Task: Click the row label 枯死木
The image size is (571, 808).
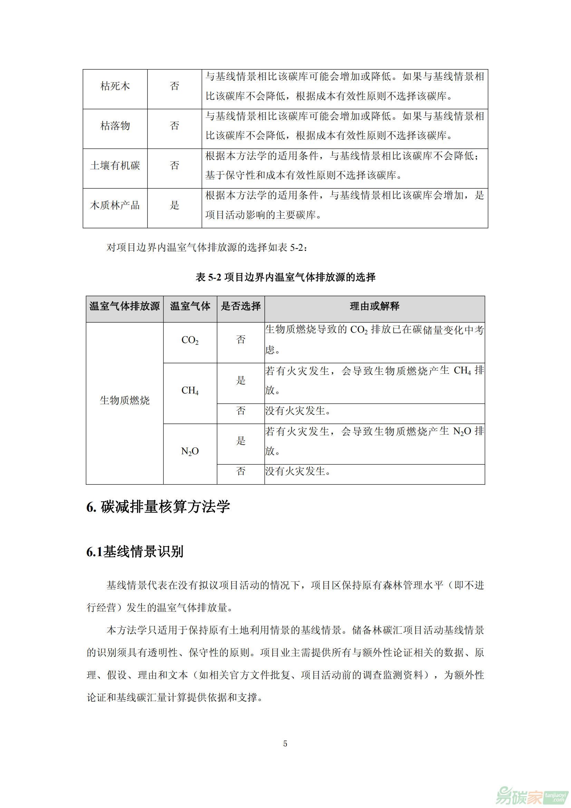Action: pyautogui.click(x=115, y=86)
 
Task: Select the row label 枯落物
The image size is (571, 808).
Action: pyautogui.click(x=115, y=126)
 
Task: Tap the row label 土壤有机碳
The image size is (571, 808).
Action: pyautogui.click(x=115, y=165)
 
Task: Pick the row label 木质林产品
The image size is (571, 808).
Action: pyautogui.click(x=115, y=205)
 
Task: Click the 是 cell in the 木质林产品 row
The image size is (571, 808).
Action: pyautogui.click(x=174, y=205)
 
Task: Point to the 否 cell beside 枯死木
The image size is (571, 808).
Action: pyautogui.click(x=174, y=86)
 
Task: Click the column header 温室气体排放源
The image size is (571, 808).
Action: pyautogui.click(x=125, y=306)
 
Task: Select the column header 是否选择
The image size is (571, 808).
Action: pyautogui.click(x=241, y=306)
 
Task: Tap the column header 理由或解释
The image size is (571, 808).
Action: pyautogui.click(x=375, y=306)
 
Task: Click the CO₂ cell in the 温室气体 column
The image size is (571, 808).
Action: pyautogui.click(x=190, y=340)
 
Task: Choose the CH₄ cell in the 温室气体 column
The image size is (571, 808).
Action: pyautogui.click(x=190, y=391)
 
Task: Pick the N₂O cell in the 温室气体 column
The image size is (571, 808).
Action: pyautogui.click(x=190, y=451)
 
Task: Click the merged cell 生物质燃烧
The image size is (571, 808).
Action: pyautogui.click(x=125, y=400)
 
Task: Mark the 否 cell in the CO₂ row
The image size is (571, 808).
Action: pyautogui.click(x=241, y=340)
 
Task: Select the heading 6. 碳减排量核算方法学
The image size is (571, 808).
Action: pyautogui.click(x=158, y=507)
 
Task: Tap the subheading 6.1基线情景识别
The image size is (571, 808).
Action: pyautogui.click(x=135, y=552)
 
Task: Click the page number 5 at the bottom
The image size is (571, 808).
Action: pyautogui.click(x=285, y=744)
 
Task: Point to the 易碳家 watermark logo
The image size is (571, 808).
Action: pyautogui.click(x=531, y=795)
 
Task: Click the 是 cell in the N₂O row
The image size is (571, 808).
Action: pyautogui.click(x=241, y=441)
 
